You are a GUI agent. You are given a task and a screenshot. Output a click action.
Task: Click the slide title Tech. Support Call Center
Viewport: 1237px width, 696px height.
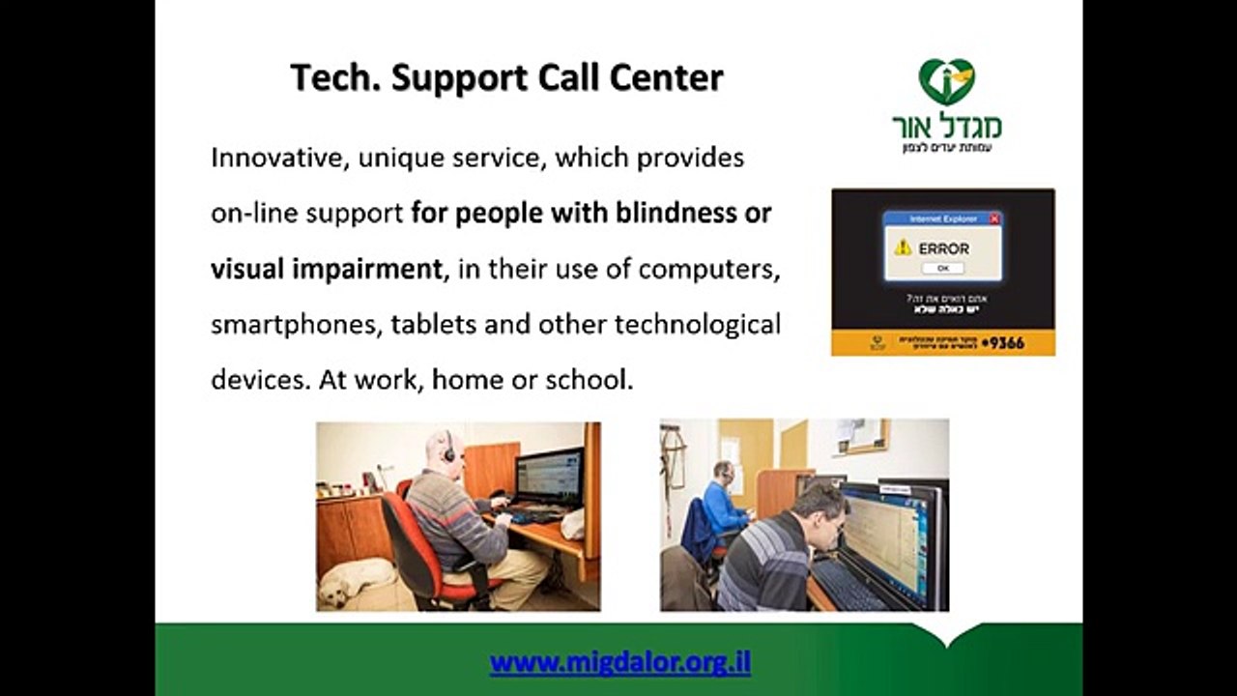[x=506, y=78]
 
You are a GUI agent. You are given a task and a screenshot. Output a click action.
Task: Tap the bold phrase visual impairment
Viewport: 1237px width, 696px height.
[x=327, y=269]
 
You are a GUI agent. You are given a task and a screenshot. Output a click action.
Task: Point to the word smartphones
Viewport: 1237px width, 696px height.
[x=296, y=324]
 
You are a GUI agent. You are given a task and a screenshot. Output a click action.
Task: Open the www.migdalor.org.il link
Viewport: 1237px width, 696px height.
[x=619, y=663]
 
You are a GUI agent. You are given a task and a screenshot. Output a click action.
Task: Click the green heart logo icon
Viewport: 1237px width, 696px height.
[x=946, y=82]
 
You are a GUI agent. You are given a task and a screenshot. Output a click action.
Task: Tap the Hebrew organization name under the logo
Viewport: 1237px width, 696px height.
[x=946, y=127]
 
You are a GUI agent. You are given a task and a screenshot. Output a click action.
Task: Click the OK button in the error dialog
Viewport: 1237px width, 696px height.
[x=942, y=268]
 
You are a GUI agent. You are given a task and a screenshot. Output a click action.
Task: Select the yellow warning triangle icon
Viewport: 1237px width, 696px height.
[x=903, y=247]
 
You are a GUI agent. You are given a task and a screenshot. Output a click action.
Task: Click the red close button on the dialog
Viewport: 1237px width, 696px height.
[x=994, y=219]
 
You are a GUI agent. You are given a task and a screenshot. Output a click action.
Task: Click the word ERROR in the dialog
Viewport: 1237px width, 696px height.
[x=943, y=248]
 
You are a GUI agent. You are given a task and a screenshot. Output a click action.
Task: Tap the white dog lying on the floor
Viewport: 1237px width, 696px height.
[x=354, y=581]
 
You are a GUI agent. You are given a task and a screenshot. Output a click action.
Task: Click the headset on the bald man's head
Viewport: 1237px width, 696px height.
[x=448, y=448]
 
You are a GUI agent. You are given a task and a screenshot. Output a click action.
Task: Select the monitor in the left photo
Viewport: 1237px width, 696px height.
[x=548, y=478]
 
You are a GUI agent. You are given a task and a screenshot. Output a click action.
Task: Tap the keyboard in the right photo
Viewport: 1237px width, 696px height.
[x=846, y=585]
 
